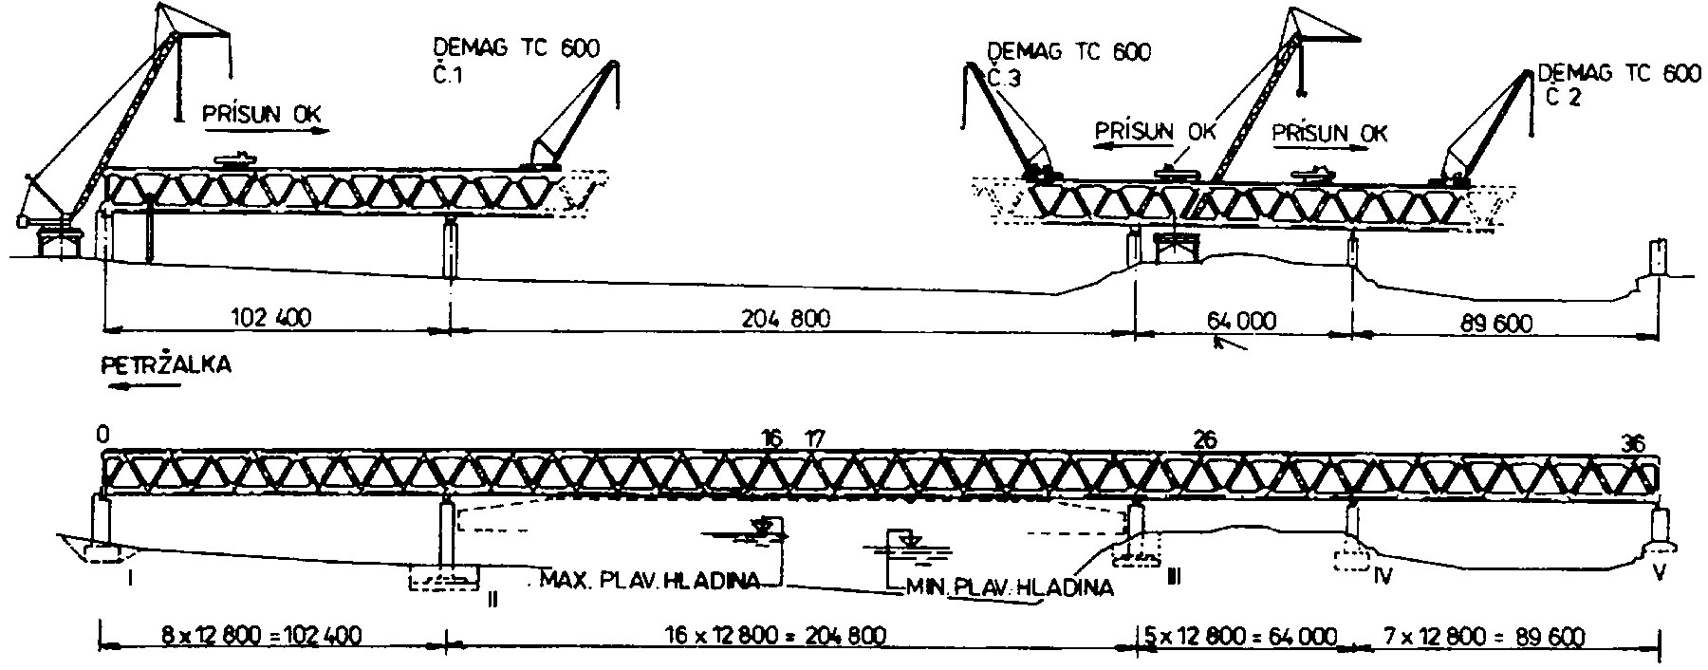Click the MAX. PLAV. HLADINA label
[x=649, y=580]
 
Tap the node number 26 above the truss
[x=1204, y=439]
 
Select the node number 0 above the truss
[x=102, y=434]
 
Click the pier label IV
[x=1382, y=575]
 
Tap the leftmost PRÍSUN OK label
[x=262, y=115]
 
